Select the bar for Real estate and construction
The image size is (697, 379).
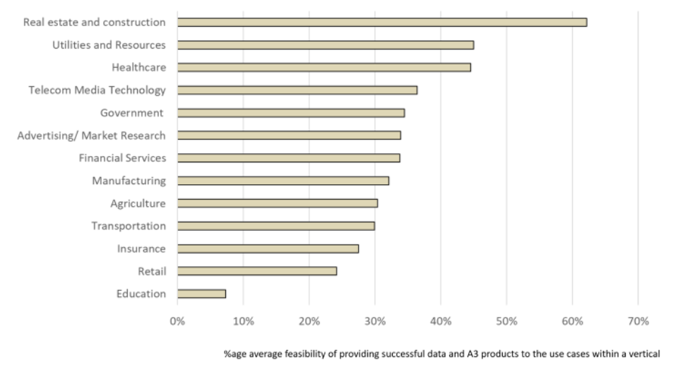point(381,22)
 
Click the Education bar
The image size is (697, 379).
point(201,294)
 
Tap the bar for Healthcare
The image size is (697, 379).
point(323,67)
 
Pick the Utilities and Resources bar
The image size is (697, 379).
point(325,44)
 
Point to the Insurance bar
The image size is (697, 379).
point(268,248)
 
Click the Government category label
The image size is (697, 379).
point(132,113)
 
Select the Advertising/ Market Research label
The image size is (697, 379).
point(92,136)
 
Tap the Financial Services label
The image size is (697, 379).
point(122,158)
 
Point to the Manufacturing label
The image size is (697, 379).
point(129,181)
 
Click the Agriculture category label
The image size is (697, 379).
point(138,203)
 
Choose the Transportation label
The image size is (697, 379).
point(129,226)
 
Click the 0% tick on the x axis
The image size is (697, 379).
point(177,321)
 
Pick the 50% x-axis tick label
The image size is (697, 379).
point(506,321)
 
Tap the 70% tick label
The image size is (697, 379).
point(638,321)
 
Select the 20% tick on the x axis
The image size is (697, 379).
point(309,321)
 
